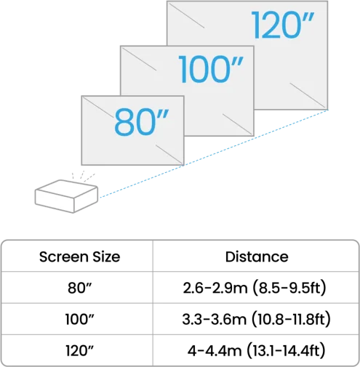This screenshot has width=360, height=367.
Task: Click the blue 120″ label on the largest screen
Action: [x=283, y=25]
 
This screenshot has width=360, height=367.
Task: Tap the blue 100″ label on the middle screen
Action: [x=210, y=69]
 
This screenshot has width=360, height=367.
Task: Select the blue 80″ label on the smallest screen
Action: [x=141, y=122]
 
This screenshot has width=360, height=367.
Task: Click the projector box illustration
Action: [x=66, y=196]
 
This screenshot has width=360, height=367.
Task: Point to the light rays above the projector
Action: [x=83, y=176]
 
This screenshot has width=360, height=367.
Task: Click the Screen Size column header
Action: [x=79, y=257]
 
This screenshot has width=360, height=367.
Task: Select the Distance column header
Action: [x=257, y=257]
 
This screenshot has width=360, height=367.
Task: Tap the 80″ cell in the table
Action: [x=79, y=288]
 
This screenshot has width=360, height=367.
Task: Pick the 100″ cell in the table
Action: [x=79, y=319]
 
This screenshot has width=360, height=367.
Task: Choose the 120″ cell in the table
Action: [x=79, y=350]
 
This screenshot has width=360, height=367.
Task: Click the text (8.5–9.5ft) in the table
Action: [x=289, y=289]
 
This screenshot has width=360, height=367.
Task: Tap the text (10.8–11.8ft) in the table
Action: [x=291, y=319]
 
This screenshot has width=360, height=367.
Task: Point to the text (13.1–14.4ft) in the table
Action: [x=286, y=350]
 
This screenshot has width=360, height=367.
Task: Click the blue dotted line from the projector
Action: [x=214, y=153]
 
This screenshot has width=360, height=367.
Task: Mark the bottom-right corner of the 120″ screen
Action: [x=327, y=109]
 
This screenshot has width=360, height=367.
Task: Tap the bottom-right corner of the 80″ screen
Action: [x=184, y=165]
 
